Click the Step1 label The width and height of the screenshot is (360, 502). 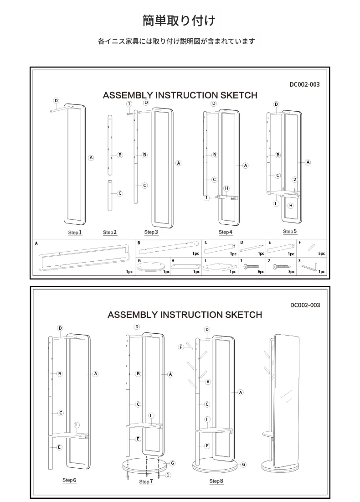(x=75, y=233)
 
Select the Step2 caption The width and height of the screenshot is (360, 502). (x=110, y=233)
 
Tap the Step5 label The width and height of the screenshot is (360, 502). (x=290, y=232)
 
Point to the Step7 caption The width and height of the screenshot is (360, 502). (x=146, y=481)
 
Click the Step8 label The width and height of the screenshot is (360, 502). (x=216, y=481)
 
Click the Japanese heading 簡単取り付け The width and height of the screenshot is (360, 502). (x=179, y=21)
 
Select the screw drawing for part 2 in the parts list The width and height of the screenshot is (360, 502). (x=281, y=266)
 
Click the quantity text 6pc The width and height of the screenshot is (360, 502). (x=261, y=272)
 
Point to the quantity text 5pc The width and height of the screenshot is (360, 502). (x=321, y=254)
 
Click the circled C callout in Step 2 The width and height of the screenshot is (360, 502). (x=120, y=193)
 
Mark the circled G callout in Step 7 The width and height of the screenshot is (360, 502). (x=173, y=463)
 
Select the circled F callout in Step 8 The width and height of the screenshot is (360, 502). (x=181, y=347)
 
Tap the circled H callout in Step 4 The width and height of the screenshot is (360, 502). (x=226, y=188)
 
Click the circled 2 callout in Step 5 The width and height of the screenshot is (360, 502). (x=295, y=179)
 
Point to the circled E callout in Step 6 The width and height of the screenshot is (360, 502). (x=59, y=448)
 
